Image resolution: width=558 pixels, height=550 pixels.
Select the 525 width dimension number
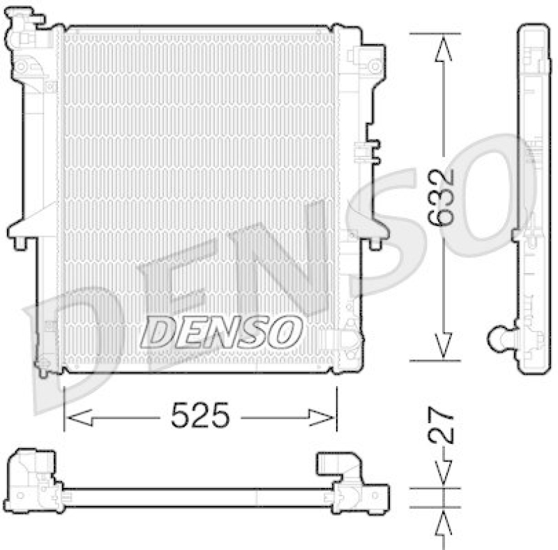[x=199, y=417]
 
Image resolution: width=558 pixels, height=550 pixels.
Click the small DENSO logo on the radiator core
[x=221, y=331]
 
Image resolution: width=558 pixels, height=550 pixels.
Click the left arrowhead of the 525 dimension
[x=75, y=418]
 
